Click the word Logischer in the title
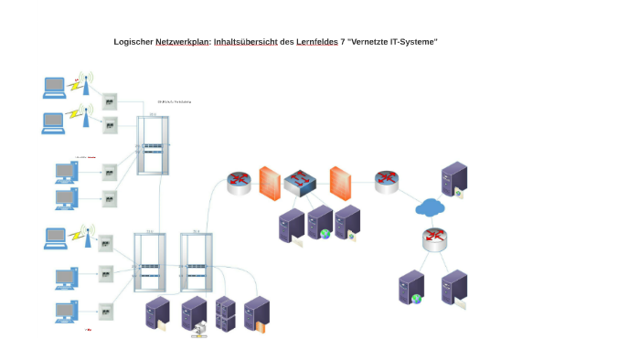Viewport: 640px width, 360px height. pos(133,42)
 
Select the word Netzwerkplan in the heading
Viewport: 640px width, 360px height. pos(182,42)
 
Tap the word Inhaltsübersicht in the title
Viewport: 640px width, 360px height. pos(246,42)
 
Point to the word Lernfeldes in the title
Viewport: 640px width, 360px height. pos(316,42)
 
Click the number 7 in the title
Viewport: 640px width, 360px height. pos(343,42)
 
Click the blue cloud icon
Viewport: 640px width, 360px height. pos(430,208)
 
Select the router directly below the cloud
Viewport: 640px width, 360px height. pos(435,239)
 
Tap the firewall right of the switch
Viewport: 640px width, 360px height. pos(340,183)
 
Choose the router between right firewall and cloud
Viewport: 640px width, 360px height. pos(387,181)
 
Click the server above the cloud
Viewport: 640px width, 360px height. pos(453,180)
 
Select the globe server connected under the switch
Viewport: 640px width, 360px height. pos(320,222)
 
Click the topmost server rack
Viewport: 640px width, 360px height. pos(154,144)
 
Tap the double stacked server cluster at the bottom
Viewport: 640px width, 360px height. pos(226,313)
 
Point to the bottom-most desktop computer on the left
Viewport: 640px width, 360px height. pos(65,312)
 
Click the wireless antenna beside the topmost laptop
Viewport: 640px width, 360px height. pos(85,83)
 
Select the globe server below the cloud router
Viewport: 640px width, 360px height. pos(411,288)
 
